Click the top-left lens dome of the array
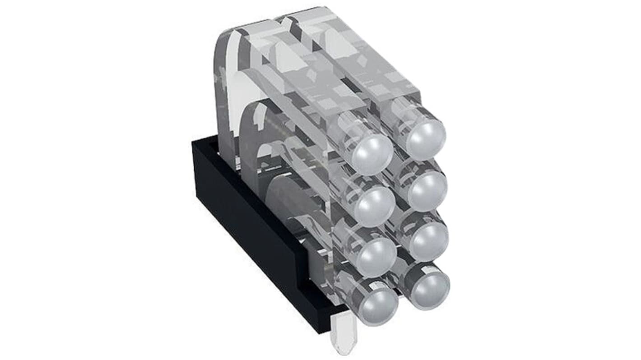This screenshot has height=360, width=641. pyautogui.click(x=372, y=153)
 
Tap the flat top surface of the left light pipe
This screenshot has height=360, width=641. pyautogui.click(x=307, y=77)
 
